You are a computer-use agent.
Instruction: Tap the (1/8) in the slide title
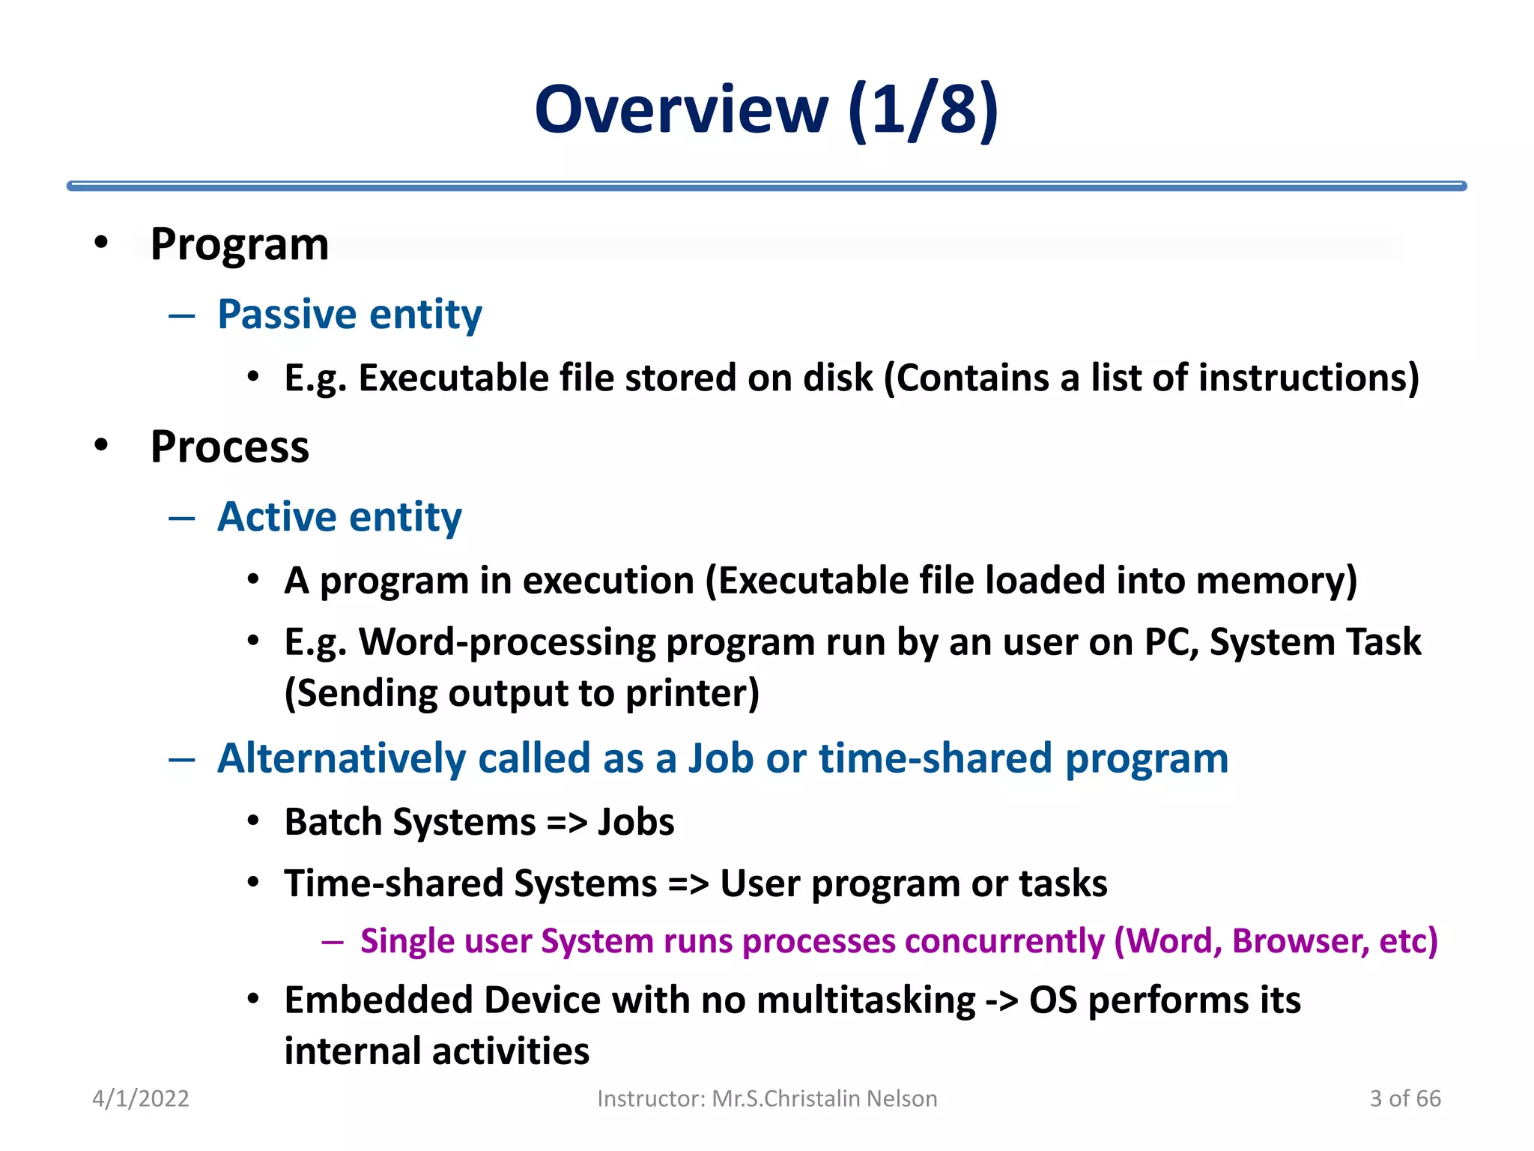coord(924,111)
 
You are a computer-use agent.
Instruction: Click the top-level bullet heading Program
coord(239,244)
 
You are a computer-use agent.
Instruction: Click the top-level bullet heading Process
coord(229,447)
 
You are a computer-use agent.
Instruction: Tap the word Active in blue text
coord(277,517)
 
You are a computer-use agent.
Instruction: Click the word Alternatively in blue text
coord(342,758)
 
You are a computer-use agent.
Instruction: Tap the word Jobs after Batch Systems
coord(636,822)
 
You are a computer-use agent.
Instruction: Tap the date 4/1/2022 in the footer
coord(140,1099)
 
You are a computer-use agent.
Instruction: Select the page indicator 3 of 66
coord(1404,1099)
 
